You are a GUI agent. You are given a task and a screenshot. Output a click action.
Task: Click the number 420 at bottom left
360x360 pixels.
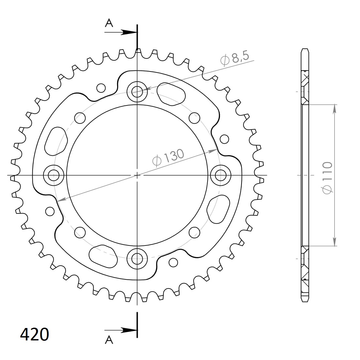pyautogui.click(x=35, y=335)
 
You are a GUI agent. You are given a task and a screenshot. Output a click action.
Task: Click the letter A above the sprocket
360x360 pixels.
pyautogui.click(x=109, y=23)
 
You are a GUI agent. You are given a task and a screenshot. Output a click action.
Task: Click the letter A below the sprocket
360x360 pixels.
pyautogui.click(x=109, y=340)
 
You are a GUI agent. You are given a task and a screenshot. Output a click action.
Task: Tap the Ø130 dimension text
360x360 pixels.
pyautogui.click(x=168, y=158)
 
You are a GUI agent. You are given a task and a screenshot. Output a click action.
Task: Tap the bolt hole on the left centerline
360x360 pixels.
pyautogui.click(x=53, y=175)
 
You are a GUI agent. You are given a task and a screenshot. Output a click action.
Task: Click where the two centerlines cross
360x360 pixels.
pyautogui.click(x=137, y=175)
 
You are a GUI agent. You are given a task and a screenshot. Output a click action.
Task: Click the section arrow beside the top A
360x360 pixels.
pyautogui.click(x=129, y=32)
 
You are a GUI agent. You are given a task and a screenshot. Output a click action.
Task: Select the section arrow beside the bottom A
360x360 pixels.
pyautogui.click(x=129, y=330)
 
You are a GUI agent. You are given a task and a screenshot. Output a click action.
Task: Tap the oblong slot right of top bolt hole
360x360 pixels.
pyautogui.click(x=171, y=94)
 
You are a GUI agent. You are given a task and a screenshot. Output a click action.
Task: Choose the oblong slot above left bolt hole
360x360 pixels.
pyautogui.click(x=56, y=141)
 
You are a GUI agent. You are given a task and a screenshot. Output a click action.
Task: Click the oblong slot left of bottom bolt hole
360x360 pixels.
pyautogui.click(x=103, y=257)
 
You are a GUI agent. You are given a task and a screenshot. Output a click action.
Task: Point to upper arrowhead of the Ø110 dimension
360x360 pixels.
pyautogui.click(x=335, y=109)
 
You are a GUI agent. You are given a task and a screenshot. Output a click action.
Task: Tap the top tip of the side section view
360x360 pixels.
pyautogui.click(x=305, y=50)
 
